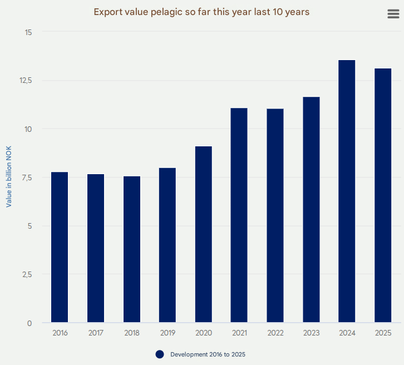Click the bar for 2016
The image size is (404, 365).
pyautogui.click(x=60, y=247)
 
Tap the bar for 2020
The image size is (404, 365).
pyautogui.click(x=204, y=234)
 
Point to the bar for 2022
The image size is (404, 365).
pyautogui.click(x=275, y=215)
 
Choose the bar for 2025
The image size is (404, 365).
pyautogui.click(x=383, y=195)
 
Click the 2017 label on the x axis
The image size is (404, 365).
pyautogui.click(x=96, y=333)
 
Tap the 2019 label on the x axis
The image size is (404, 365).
pyautogui.click(x=167, y=333)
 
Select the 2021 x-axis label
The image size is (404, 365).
pyautogui.click(x=239, y=333)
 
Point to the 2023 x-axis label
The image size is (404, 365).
pyautogui.click(x=311, y=333)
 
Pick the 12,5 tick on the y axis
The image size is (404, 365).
pyautogui.click(x=26, y=81)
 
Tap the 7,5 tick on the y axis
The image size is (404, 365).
pyautogui.click(x=26, y=177)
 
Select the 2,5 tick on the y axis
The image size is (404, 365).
pyautogui.click(x=26, y=274)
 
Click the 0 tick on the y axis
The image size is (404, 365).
pyautogui.click(x=29, y=323)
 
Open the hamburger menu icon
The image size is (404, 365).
pyautogui.click(x=393, y=14)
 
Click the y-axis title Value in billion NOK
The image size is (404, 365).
pyautogui.click(x=9, y=177)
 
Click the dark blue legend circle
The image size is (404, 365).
pyautogui.click(x=160, y=354)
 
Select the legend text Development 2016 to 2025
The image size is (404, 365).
pyautogui.click(x=208, y=354)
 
